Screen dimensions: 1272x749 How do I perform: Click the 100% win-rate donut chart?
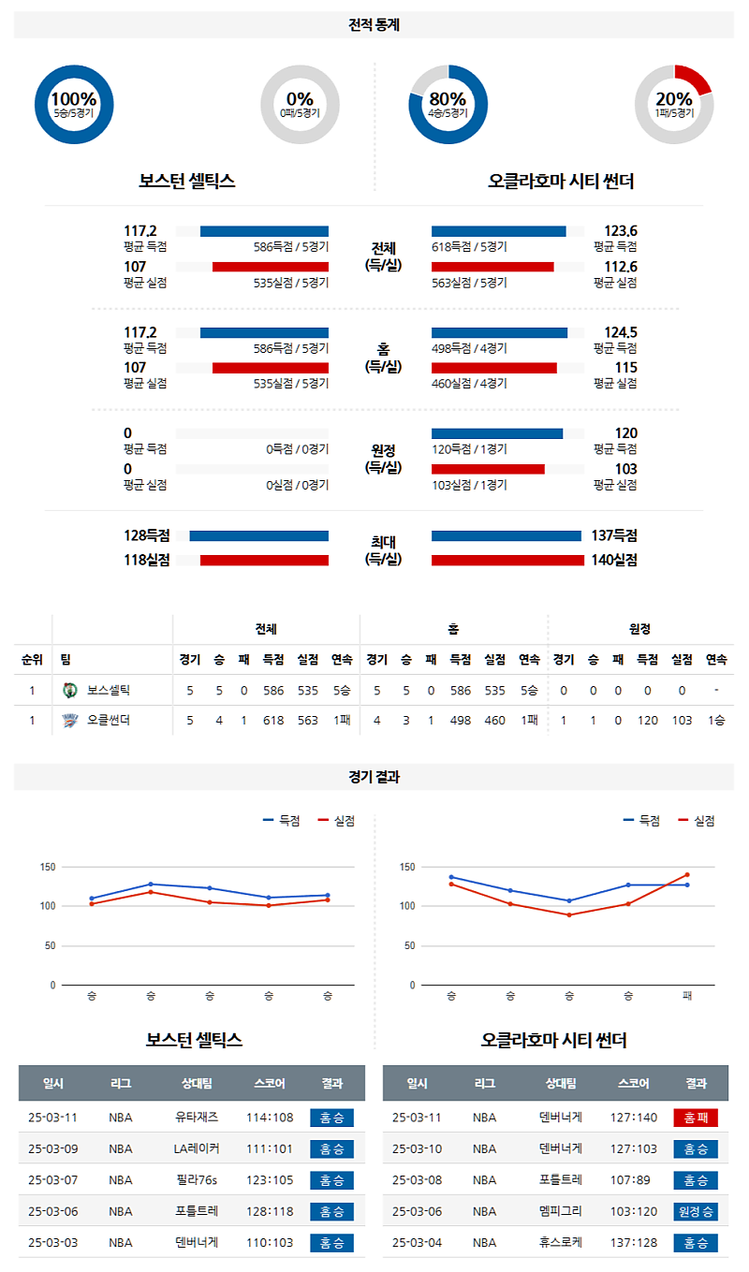pyautogui.click(x=73, y=104)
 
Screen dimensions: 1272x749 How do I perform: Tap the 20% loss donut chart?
pyautogui.click(x=674, y=104)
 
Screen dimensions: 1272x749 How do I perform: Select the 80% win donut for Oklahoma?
pyautogui.click(x=448, y=104)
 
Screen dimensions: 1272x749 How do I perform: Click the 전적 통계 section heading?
pyautogui.click(x=374, y=25)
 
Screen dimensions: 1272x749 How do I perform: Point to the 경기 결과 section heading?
pyautogui.click(x=374, y=776)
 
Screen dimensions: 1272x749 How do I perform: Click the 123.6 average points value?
pyautogui.click(x=620, y=231)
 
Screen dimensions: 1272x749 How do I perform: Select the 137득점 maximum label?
pyautogui.click(x=614, y=535)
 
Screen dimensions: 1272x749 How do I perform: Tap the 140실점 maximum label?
pyautogui.click(x=614, y=560)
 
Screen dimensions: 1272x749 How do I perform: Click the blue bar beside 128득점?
pyautogui.click(x=258, y=535)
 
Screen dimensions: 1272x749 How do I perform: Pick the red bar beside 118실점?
pyautogui.click(x=264, y=560)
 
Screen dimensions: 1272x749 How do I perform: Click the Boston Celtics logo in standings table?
pyautogui.click(x=68, y=691)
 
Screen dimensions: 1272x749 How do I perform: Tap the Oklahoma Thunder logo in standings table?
pyautogui.click(x=68, y=720)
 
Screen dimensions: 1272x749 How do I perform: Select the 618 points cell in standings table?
pyautogui.click(x=272, y=720)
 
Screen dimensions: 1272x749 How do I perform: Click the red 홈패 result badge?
pyautogui.click(x=695, y=1117)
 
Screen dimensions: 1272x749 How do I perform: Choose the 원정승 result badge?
pyautogui.click(x=695, y=1211)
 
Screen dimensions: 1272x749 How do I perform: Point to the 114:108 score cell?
pyautogui.click(x=270, y=1117)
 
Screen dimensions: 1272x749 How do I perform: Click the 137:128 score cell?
pyautogui.click(x=634, y=1243)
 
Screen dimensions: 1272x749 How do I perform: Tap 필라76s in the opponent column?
pyautogui.click(x=196, y=1179)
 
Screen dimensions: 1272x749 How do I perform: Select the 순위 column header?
pyautogui.click(x=32, y=659)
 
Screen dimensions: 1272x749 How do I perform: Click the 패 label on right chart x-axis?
pyautogui.click(x=687, y=995)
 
